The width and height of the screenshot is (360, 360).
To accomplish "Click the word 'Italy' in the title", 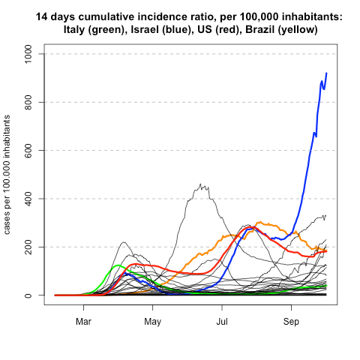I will pos(81,29).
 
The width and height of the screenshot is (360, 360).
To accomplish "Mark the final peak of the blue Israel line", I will pos(326,73).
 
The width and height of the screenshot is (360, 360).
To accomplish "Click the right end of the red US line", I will pos(327,251).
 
